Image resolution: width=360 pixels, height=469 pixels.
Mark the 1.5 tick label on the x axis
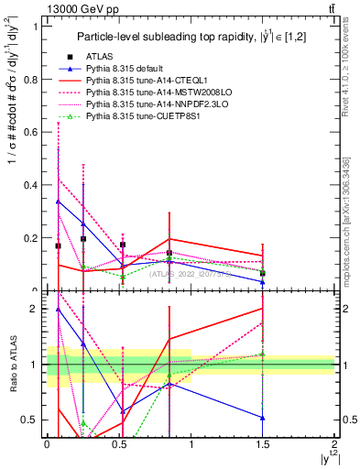click(263, 443)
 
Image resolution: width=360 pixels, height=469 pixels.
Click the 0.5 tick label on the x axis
click(118, 443)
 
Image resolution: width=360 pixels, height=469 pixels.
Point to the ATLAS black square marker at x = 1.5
click(263, 273)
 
